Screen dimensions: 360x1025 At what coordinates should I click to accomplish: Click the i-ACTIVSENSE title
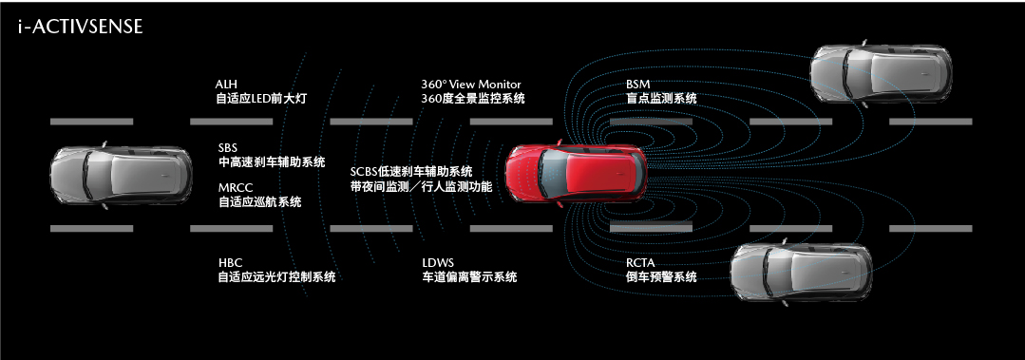click(x=80, y=28)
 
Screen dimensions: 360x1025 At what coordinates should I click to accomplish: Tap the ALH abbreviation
click(x=227, y=85)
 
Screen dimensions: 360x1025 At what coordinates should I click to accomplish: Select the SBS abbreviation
click(x=227, y=148)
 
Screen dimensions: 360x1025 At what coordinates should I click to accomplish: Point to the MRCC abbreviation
click(x=234, y=188)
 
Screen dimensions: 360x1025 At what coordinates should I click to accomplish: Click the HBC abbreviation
click(x=229, y=263)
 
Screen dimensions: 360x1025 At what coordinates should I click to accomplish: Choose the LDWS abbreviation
click(x=438, y=263)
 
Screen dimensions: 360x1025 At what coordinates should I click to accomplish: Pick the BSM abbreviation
click(x=638, y=85)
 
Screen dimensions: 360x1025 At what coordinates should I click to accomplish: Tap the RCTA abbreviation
click(x=640, y=263)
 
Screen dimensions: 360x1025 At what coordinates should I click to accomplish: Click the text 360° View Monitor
click(x=471, y=85)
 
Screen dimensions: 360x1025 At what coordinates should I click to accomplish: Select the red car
click(x=575, y=175)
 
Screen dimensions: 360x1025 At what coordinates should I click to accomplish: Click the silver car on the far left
click(x=120, y=175)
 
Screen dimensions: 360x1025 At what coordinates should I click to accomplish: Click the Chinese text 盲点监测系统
click(x=661, y=99)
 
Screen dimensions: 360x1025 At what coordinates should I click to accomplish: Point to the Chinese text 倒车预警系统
click(x=661, y=277)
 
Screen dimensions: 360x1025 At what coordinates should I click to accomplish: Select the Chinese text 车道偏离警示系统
click(x=469, y=277)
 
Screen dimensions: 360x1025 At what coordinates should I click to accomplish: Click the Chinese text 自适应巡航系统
click(x=260, y=201)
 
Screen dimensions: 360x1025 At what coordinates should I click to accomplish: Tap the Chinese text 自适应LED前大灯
click(x=262, y=99)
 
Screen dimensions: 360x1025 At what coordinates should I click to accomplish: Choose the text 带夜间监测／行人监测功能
click(x=421, y=187)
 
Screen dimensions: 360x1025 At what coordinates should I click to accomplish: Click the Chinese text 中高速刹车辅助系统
click(x=272, y=162)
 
